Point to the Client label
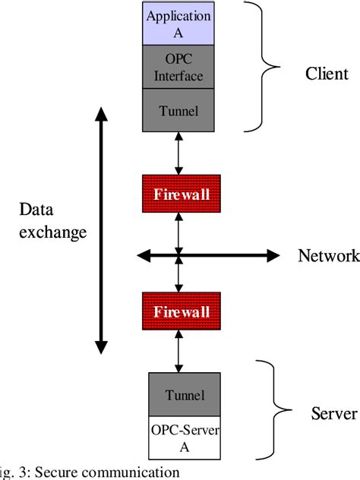[326, 74]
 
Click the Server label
[333, 415]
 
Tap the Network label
[327, 256]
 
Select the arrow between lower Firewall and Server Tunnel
[178, 352]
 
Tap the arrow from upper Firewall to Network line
[178, 231]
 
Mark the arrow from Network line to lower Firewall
[178, 276]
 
